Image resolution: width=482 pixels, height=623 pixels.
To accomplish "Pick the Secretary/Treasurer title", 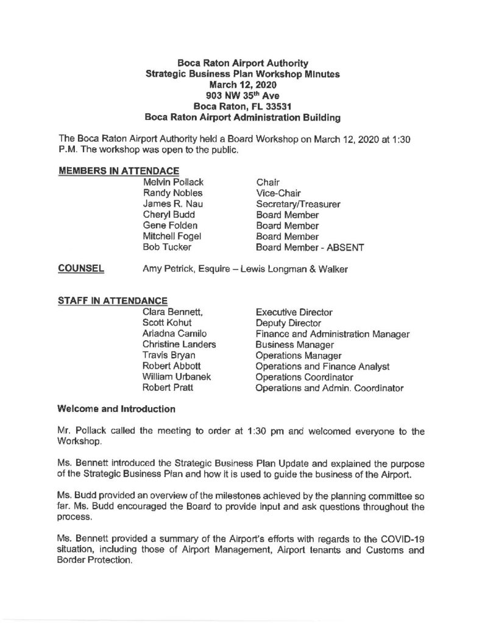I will coord(298,204).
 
